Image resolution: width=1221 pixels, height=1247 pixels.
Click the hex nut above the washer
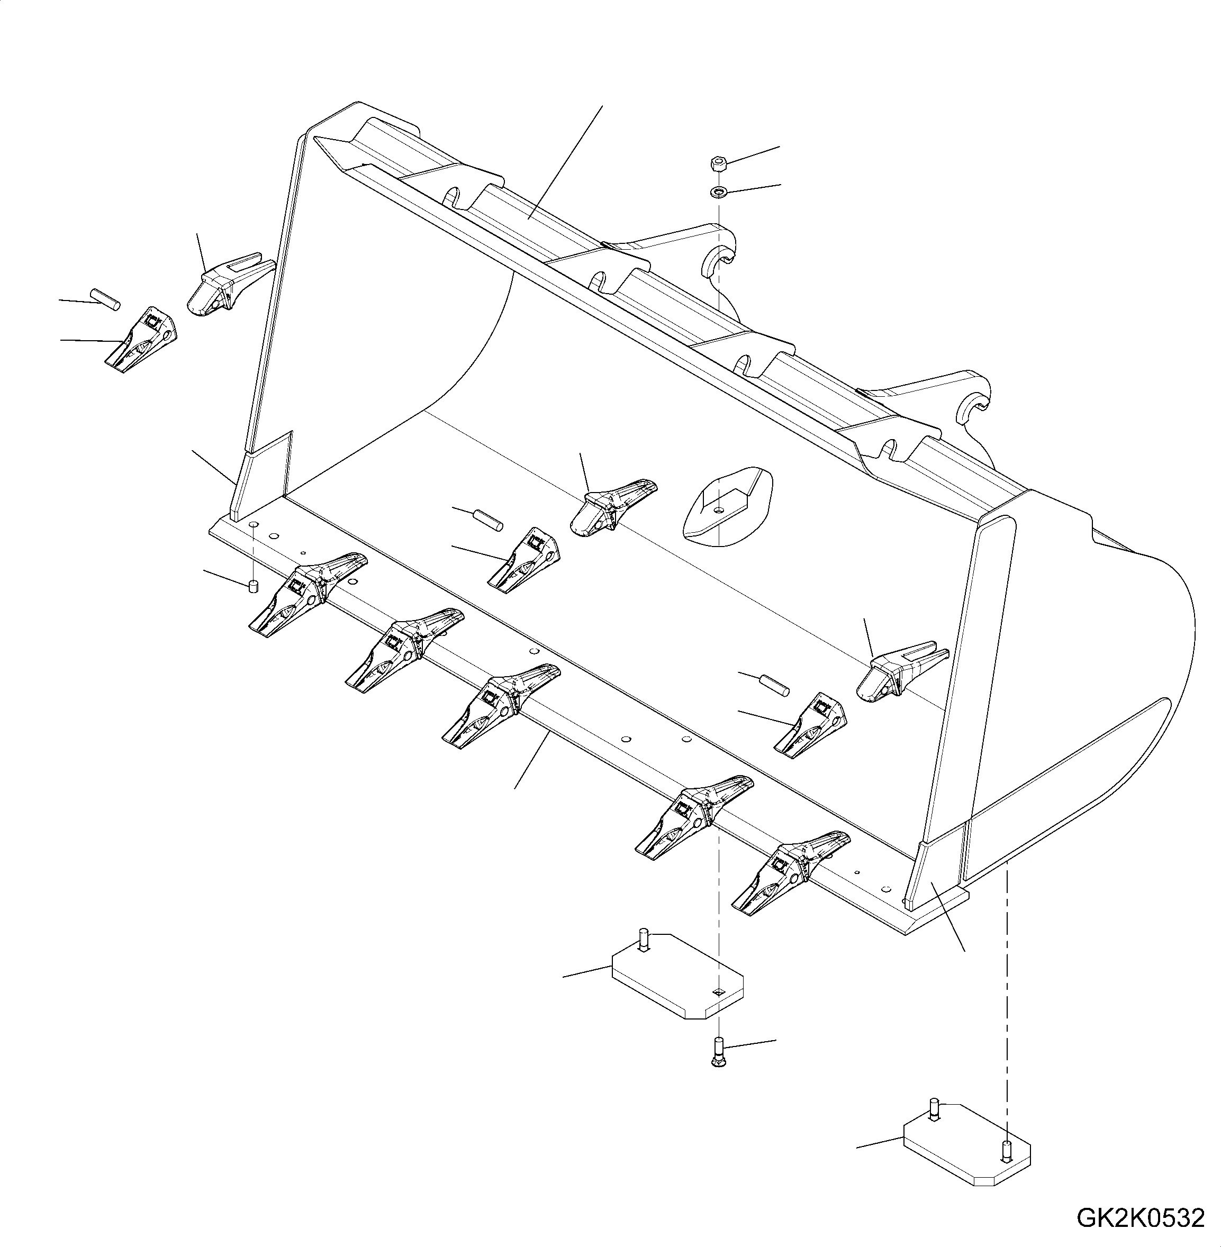pyautogui.click(x=718, y=165)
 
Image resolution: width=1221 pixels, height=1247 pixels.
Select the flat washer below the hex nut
pyautogui.click(x=718, y=192)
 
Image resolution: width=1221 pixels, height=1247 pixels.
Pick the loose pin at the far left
pyautogui.click(x=105, y=299)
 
